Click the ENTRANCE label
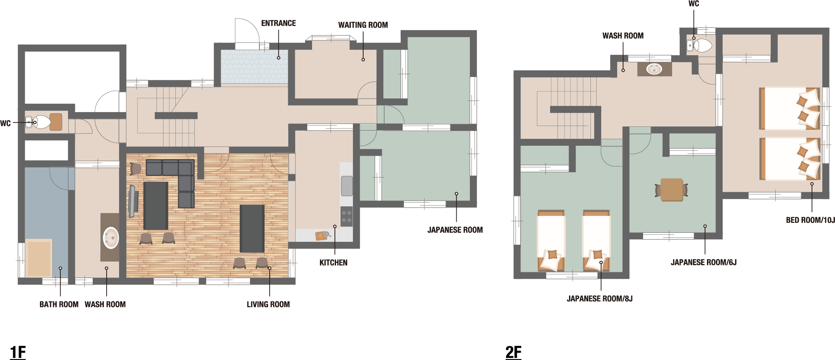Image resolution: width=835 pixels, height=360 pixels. pos(278,23)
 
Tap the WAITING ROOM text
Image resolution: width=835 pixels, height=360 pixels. pos(363,25)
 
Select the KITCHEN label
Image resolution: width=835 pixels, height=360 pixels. pos(333,263)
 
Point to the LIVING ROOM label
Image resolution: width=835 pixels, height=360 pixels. pos(268,304)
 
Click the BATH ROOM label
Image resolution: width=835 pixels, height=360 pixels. pos(59,304)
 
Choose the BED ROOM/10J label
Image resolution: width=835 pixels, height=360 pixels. pos(810,220)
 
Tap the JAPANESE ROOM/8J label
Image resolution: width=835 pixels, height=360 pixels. pos(599,299)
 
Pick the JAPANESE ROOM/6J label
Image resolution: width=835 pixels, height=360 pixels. pos(703,262)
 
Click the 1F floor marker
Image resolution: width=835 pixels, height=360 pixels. pos(18,352)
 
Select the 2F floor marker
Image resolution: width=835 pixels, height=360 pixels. pos(513,352)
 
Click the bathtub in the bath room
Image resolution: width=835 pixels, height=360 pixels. pos(39,258)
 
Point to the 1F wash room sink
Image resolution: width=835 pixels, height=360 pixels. pos(110,238)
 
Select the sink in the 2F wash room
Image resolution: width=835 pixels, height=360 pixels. pos(654,69)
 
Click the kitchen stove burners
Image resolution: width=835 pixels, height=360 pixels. pos(346,217)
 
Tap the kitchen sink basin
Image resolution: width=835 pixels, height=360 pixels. pos(347,186)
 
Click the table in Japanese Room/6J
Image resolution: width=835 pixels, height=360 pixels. pos(672,190)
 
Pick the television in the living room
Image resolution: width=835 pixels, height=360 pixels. pos(132,201)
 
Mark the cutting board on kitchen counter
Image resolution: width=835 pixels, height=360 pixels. pos(321,236)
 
